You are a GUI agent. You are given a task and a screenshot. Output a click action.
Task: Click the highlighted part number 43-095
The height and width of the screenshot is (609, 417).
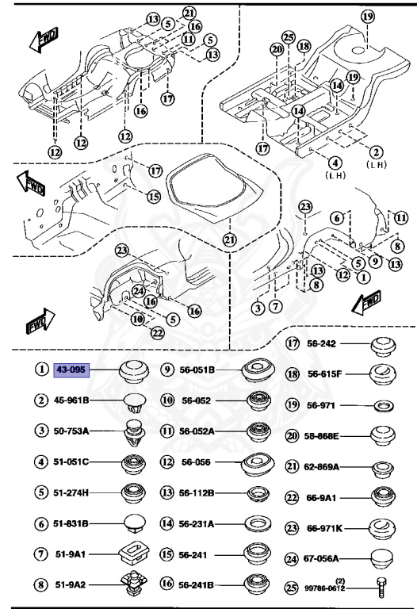pyautogui.click(x=71, y=370)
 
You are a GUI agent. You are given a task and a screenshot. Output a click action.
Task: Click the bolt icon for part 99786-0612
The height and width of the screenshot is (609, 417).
pyautogui.click(x=381, y=587)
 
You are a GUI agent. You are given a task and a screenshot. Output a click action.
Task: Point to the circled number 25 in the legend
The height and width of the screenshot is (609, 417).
pyautogui.click(x=293, y=587)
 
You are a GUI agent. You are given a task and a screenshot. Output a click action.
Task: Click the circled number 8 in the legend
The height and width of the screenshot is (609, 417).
pyautogui.click(x=40, y=585)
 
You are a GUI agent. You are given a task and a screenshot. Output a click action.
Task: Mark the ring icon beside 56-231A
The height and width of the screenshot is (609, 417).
pyautogui.click(x=258, y=524)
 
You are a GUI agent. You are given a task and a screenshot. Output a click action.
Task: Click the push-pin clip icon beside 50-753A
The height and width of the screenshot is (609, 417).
pyautogui.click(x=131, y=432)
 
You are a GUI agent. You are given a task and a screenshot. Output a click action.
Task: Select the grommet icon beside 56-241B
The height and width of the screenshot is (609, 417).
pyautogui.click(x=258, y=585)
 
